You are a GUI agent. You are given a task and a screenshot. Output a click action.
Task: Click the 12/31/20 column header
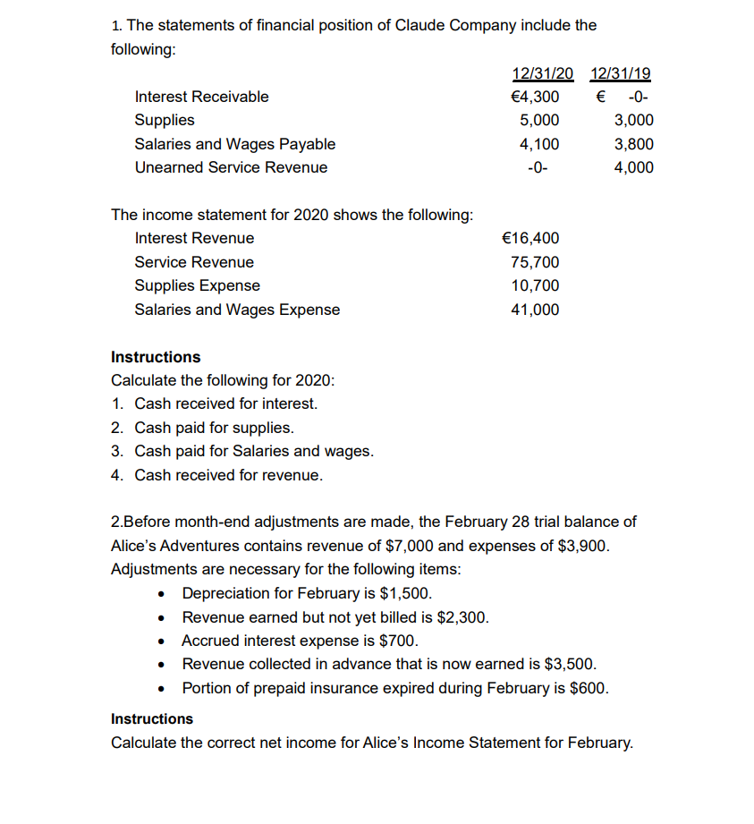542,73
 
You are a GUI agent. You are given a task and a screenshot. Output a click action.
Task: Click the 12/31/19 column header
622,73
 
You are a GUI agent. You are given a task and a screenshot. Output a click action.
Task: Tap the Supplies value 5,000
539,120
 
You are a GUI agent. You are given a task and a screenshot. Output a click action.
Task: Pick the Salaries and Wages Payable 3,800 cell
634,144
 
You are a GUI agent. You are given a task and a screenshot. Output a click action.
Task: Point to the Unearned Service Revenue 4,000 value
634,167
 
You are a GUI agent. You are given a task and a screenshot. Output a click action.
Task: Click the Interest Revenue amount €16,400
531,238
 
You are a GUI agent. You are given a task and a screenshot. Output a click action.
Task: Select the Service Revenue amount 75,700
535,262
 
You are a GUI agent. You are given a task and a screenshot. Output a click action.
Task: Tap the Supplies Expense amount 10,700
535,285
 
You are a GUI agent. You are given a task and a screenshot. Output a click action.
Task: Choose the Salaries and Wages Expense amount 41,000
535,310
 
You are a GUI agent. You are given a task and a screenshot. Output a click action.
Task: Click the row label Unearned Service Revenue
231,167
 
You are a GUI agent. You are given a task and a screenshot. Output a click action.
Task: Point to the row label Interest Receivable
201,97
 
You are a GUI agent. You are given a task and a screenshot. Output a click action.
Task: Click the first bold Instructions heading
156,357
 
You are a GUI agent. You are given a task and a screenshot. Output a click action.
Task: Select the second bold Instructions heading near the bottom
152,718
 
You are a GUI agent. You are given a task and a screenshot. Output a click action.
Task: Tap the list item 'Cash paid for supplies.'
214,428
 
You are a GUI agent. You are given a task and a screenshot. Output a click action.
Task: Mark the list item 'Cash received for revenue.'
228,475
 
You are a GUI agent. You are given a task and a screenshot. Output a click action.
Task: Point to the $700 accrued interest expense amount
399,641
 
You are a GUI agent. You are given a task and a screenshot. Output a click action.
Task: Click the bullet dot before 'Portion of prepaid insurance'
161,689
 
